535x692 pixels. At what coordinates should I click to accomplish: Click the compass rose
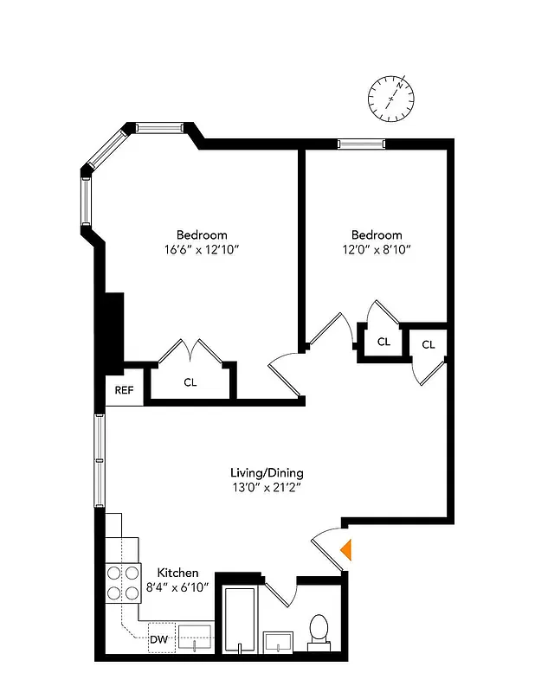391,96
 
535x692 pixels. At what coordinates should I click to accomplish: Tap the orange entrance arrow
346,549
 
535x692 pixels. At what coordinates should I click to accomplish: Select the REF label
125,390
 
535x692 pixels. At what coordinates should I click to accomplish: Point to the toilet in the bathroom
319,631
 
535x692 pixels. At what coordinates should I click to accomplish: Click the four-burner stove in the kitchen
123,582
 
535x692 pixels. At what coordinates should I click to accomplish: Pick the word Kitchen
177,573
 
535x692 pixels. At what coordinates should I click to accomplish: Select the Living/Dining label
267,473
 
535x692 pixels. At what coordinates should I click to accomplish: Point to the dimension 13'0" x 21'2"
267,488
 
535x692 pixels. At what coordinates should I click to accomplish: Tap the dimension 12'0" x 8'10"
376,250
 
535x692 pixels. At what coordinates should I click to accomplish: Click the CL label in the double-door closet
190,381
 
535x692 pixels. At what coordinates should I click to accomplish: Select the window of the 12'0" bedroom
361,144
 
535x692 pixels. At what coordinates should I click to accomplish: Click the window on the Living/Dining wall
100,460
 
